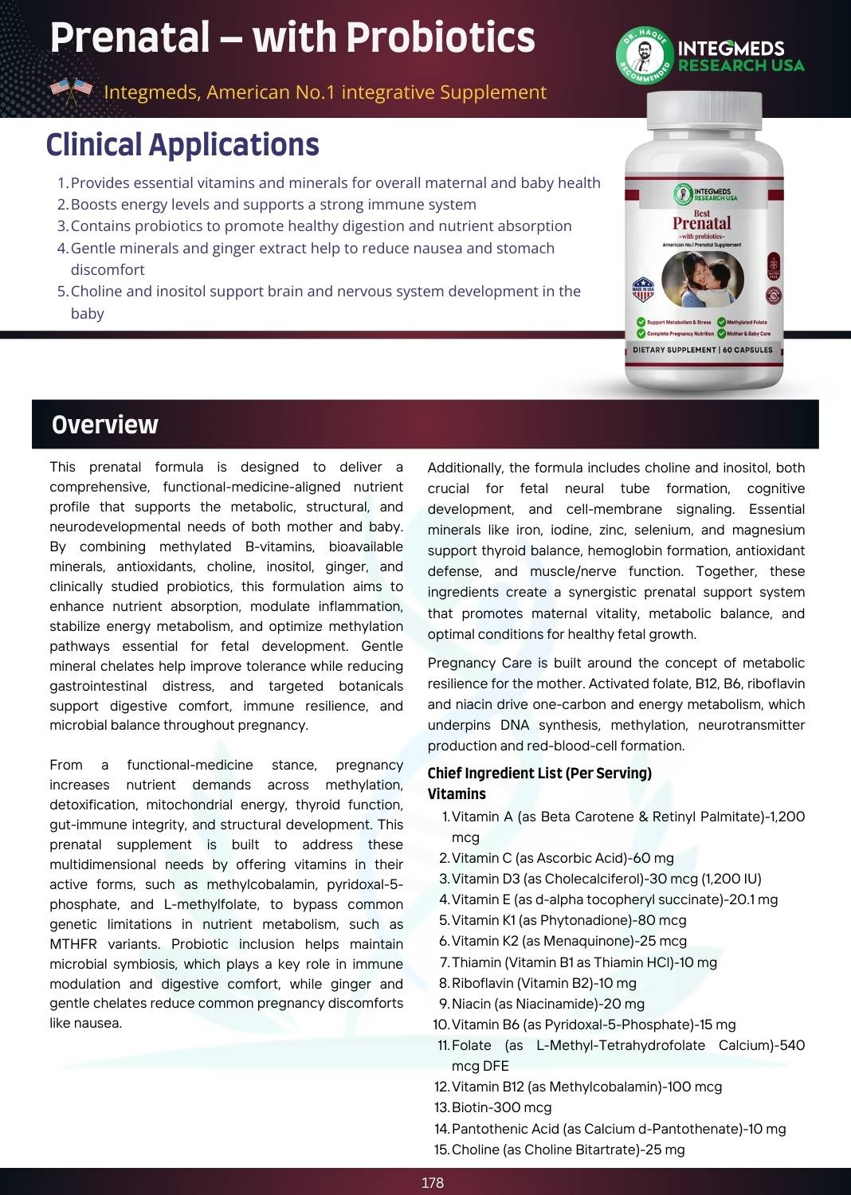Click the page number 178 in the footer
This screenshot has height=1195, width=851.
(432, 1182)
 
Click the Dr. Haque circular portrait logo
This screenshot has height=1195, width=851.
(645, 55)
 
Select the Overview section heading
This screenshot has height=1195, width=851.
(104, 425)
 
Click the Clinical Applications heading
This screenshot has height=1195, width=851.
(182, 145)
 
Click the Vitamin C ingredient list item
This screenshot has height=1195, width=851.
(562, 858)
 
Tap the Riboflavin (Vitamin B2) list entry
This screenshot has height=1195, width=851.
(543, 983)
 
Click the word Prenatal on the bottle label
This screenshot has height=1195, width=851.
(701, 224)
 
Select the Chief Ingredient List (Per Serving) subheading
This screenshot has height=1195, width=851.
(539, 773)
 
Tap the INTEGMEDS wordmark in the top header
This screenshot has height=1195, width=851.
(731, 48)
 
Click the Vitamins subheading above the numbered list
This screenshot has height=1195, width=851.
(457, 793)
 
